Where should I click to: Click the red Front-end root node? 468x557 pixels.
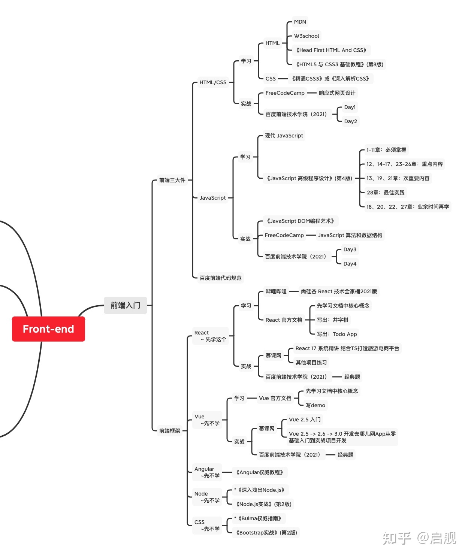click(x=48, y=329)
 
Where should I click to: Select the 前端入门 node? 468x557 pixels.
click(x=126, y=305)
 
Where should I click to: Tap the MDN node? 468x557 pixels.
click(x=300, y=22)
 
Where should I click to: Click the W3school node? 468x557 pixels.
click(x=306, y=36)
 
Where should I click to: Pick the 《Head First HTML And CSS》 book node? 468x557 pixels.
click(x=331, y=50)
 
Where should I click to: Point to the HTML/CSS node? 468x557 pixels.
click(x=213, y=82)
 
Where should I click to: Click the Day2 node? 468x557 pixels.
click(x=350, y=121)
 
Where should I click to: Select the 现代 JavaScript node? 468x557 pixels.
click(x=284, y=136)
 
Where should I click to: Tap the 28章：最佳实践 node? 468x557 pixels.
click(x=386, y=192)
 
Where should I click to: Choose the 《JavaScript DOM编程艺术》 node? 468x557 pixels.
click(x=300, y=221)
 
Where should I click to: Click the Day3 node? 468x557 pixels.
click(x=350, y=249)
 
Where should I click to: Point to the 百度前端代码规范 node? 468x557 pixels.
click(x=220, y=278)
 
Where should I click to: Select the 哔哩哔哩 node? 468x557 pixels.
click(x=276, y=291)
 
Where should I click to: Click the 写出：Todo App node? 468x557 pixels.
click(x=337, y=334)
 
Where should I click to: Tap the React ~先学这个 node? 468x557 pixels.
click(x=211, y=336)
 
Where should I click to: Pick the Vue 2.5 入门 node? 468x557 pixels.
click(x=305, y=420)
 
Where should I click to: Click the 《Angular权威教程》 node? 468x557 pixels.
click(x=260, y=472)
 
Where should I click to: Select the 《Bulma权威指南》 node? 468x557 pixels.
click(x=259, y=518)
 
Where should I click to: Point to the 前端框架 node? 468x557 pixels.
click(x=169, y=430)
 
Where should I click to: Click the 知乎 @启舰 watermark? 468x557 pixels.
click(x=419, y=538)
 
